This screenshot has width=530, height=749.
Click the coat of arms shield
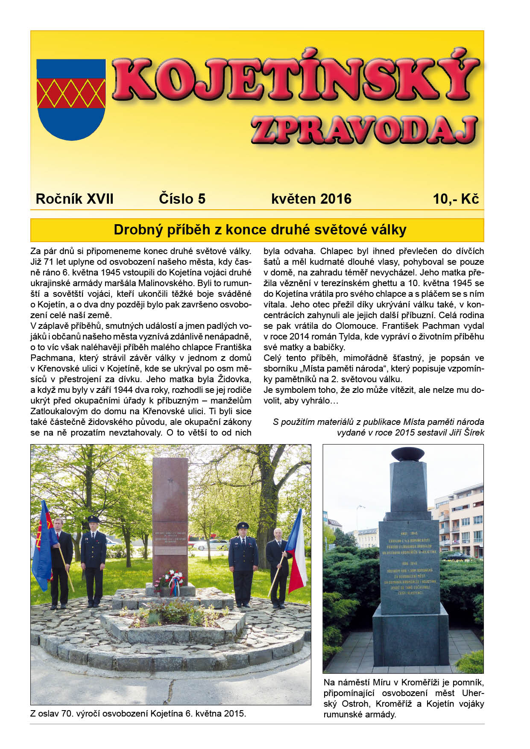pos(71,99)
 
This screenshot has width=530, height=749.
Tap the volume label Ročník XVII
pos(75,199)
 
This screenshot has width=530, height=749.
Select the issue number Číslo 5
pos(182,199)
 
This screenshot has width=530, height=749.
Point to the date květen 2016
pos(311,199)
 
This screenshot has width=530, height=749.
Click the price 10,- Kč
pos(456,199)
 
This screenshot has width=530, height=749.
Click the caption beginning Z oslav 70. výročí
pos(138,714)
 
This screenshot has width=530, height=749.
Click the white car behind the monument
pos(209,545)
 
